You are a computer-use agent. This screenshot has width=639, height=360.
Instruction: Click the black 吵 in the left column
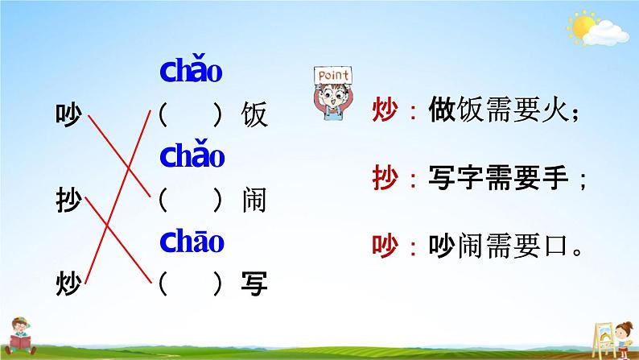pos(68,114)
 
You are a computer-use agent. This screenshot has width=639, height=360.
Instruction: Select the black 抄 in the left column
pos(68,200)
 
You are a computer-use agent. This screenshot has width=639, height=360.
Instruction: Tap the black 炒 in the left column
pos(68,283)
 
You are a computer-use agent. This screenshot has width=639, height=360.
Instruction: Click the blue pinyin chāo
pos(192,241)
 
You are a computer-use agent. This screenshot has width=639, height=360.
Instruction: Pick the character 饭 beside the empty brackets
pos(254,114)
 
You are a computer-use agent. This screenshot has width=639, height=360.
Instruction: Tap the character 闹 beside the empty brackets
pos(254,200)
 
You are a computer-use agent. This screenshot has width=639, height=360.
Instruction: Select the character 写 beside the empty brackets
pos(254,283)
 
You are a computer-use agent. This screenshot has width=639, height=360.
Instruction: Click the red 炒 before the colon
pos(385,110)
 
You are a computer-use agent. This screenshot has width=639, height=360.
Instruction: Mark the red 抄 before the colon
pos(385,178)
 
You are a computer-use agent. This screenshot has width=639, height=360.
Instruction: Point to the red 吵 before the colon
pos(385,246)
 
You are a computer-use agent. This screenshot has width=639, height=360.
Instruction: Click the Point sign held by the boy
pos(333,75)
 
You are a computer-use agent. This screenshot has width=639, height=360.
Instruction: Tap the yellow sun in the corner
pos(583,27)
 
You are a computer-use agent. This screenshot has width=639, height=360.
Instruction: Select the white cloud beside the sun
pos(606,33)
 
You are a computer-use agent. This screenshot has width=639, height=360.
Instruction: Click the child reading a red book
pos(20,336)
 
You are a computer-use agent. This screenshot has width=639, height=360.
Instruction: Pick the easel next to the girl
pos(603,339)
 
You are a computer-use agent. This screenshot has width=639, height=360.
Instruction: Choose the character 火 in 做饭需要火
pos(555,110)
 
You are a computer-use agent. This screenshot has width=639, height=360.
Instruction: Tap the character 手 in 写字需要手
pos(555,178)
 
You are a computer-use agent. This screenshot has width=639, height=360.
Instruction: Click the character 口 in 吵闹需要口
pos(555,246)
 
